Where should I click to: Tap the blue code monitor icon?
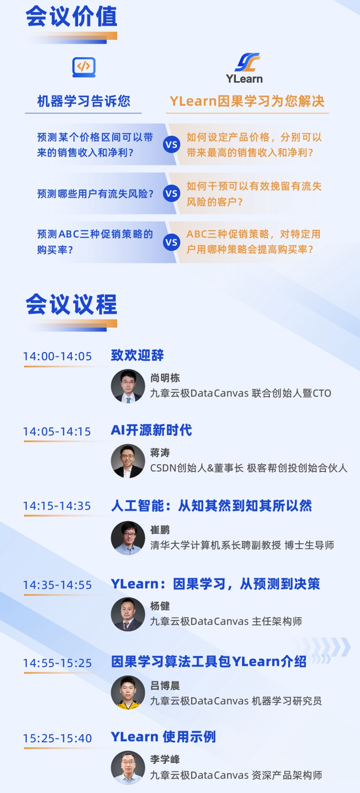click(84, 67)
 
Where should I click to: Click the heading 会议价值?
click(72, 17)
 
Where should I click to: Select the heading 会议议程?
click(72, 304)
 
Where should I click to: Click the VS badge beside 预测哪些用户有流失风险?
click(171, 194)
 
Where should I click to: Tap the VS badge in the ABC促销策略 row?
click(171, 242)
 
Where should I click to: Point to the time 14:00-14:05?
click(58, 356)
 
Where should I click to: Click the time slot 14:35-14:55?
click(58, 585)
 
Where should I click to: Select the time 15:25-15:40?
click(58, 738)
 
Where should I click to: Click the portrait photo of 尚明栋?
click(128, 386)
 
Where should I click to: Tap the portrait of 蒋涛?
click(128, 461)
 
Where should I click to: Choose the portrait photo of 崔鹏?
click(128, 538)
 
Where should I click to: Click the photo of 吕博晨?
click(128, 693)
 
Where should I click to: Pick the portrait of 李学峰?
click(128, 768)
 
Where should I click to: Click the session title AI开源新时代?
click(151, 430)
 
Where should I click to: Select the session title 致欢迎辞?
click(137, 355)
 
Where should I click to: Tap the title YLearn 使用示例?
click(163, 737)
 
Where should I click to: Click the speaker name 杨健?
click(160, 606)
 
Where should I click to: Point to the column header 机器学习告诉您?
click(84, 101)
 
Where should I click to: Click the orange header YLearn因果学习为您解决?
click(247, 101)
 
